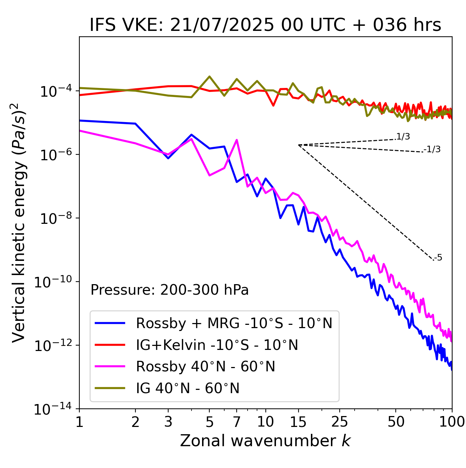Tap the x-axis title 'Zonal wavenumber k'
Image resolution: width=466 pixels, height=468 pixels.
click(265, 440)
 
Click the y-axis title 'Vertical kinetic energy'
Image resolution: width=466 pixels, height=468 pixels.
click(19, 222)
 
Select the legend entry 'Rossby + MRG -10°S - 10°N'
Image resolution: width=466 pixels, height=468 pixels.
click(234, 323)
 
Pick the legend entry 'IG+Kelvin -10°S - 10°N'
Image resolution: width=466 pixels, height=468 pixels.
click(217, 345)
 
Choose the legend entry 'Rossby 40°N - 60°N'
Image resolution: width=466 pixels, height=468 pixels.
click(205, 367)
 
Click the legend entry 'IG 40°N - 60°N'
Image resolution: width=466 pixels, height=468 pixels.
click(187, 388)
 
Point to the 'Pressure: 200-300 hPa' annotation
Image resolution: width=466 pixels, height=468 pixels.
click(170, 290)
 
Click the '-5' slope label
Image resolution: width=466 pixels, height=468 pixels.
click(438, 258)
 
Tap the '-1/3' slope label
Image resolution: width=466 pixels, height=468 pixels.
click(433, 149)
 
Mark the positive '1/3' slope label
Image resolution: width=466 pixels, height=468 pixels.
click(403, 137)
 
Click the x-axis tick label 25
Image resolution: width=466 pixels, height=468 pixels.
click(339, 421)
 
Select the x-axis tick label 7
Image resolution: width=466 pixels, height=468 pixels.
click(237, 421)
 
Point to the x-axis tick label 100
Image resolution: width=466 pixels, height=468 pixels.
click(452, 421)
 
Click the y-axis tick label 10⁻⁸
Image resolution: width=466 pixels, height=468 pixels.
click(55, 218)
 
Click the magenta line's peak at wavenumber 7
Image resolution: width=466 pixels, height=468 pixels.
click(237, 140)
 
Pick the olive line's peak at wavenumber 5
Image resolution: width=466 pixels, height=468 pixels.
click(209, 76)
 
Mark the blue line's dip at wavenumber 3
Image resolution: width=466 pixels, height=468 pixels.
click(168, 158)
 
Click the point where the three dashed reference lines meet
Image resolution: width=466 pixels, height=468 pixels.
click(299, 145)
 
